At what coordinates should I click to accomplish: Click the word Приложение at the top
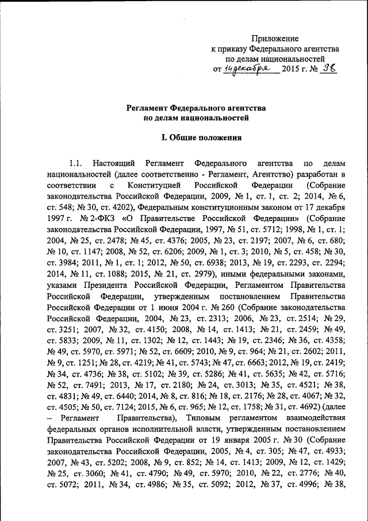[x=277, y=39]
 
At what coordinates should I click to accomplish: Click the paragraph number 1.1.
[x=76, y=166]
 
